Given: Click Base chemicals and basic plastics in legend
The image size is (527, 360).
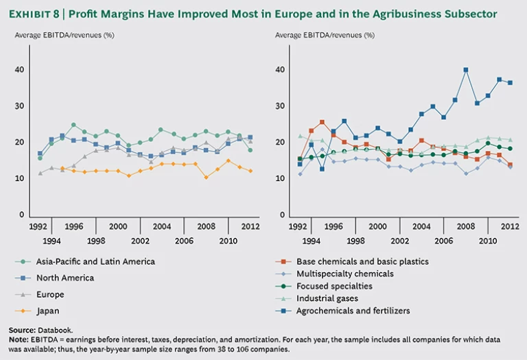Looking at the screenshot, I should [362, 261].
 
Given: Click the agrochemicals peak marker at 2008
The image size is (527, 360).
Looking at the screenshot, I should [466, 70].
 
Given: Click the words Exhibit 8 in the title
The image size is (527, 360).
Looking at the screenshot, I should [38, 13].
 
